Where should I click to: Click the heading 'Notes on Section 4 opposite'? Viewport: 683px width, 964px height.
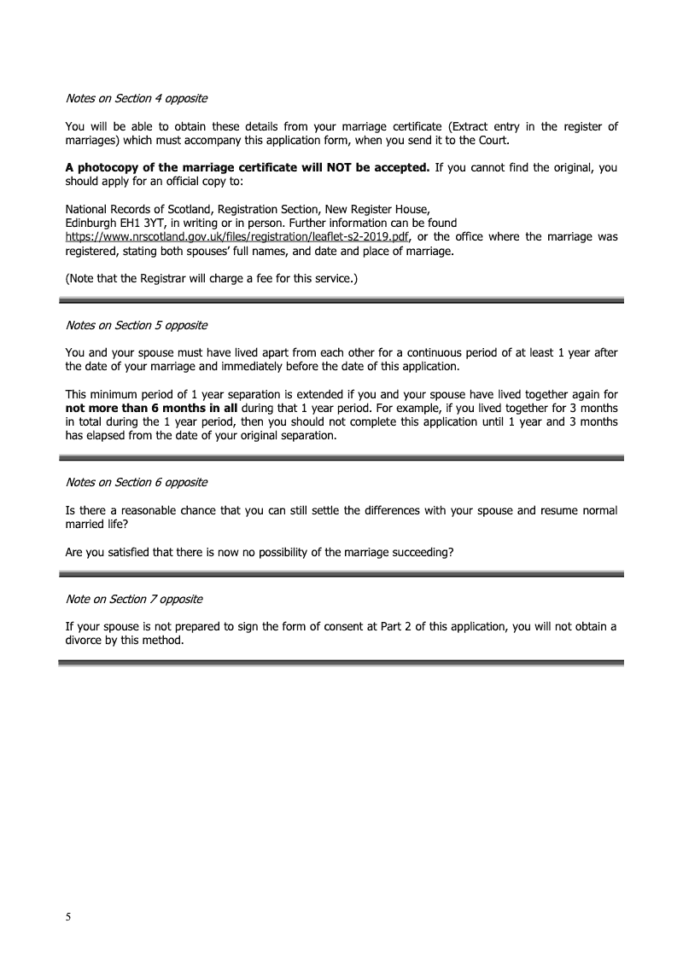(136, 98)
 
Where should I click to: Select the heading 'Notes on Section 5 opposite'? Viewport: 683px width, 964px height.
(136, 325)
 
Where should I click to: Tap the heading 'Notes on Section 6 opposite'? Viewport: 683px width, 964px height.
(136, 482)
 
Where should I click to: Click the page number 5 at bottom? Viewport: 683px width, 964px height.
(68, 917)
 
